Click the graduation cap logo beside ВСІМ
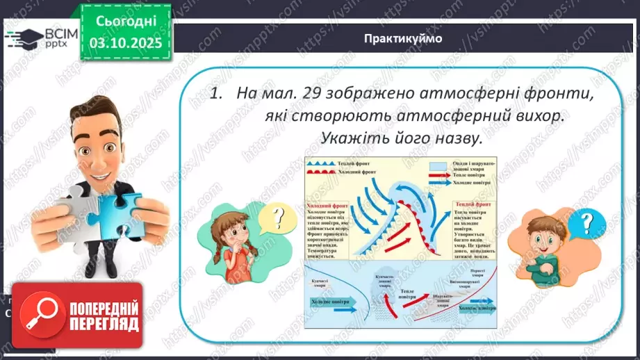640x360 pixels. click(x=19, y=35)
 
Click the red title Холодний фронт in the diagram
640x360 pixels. click(x=327, y=206)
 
